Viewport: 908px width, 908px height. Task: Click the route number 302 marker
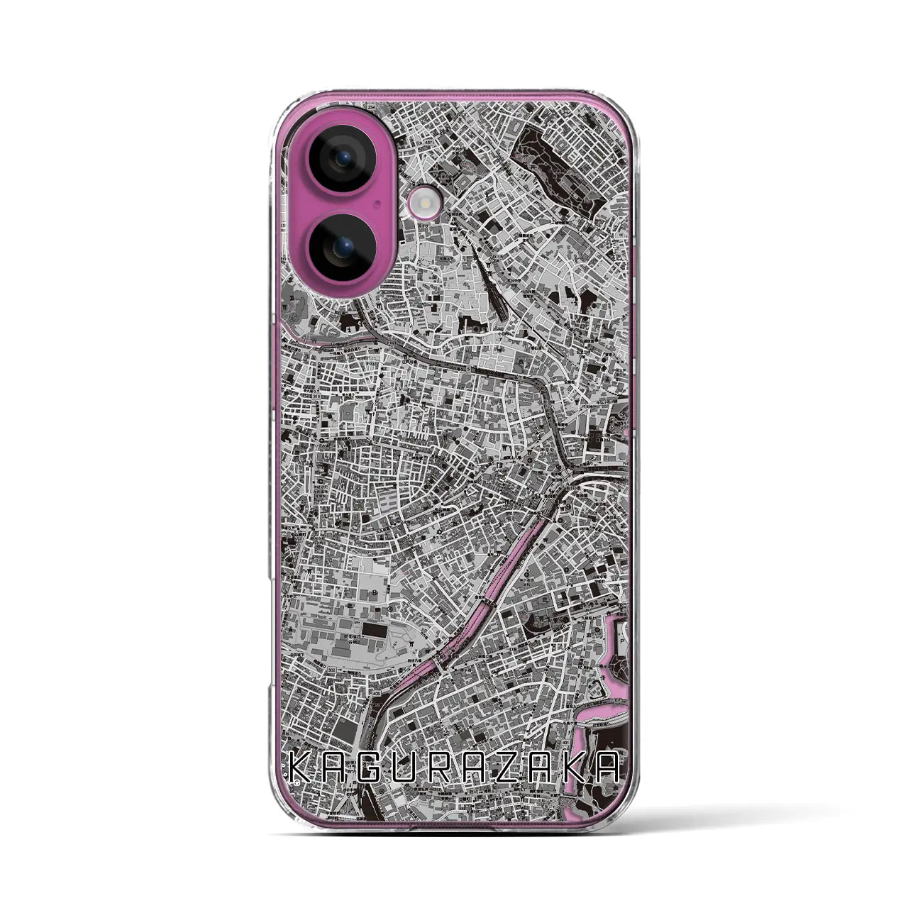333,669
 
